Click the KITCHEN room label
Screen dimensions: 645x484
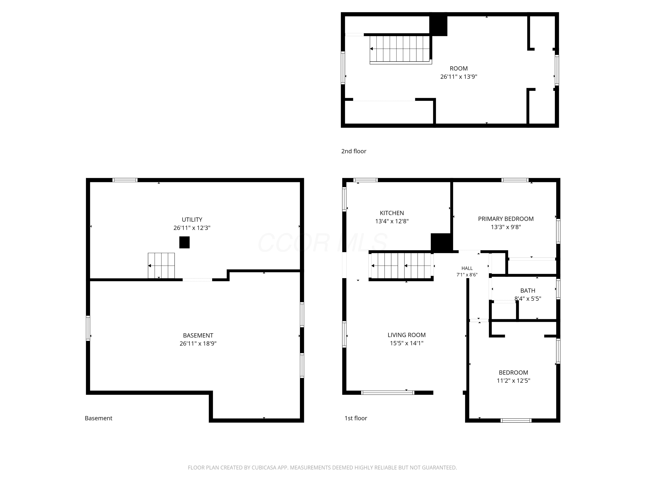click(x=392, y=213)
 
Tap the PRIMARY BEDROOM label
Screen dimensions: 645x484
click(x=506, y=219)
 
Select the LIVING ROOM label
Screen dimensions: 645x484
click(x=407, y=335)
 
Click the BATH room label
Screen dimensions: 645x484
click(x=528, y=291)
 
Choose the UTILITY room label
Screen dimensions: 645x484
click(x=192, y=220)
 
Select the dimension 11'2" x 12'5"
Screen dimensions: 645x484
click(x=513, y=381)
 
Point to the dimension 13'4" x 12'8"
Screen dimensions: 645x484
click(x=392, y=221)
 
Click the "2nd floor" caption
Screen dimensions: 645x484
click(x=354, y=151)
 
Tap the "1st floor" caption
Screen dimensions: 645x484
click(x=356, y=418)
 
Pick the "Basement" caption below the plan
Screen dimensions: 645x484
click(x=98, y=418)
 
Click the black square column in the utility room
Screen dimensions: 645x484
click(x=184, y=242)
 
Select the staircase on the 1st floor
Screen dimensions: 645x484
click(x=401, y=266)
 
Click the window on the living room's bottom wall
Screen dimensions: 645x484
click(x=387, y=393)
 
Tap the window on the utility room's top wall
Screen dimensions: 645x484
click(x=125, y=180)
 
